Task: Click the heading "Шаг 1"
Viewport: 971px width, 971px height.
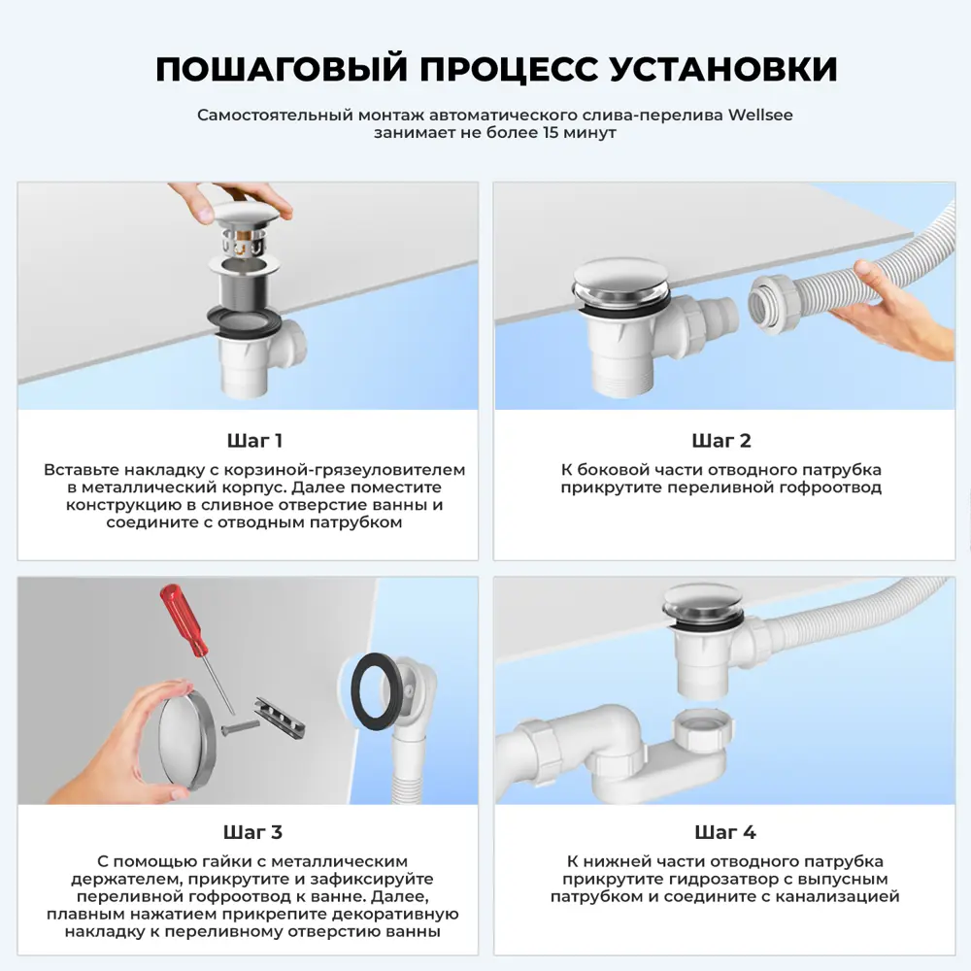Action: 253,441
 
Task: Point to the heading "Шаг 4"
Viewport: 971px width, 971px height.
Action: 724,832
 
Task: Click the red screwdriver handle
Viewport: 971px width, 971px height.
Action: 185,619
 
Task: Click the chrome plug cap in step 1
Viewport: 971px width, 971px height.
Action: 251,208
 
